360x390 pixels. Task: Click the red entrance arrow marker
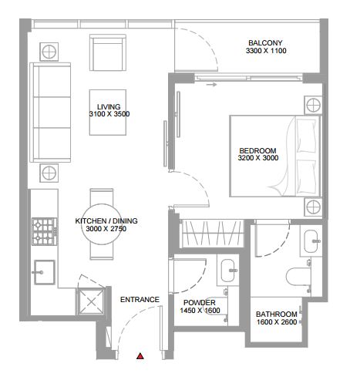[x=140, y=356]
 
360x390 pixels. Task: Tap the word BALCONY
[x=265, y=42]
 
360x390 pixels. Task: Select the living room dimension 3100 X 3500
[x=109, y=114]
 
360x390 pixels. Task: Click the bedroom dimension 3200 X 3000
[x=258, y=158]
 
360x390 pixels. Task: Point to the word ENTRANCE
[x=140, y=300]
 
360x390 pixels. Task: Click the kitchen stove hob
[x=45, y=231]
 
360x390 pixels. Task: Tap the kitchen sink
[x=45, y=272]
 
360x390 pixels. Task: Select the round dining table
[x=102, y=224]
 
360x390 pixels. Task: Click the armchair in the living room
[x=108, y=52]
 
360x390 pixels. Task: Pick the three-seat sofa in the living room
[x=50, y=113]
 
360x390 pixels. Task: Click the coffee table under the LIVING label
[x=108, y=113]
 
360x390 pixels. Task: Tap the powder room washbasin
[x=228, y=270]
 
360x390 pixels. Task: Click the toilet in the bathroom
[x=298, y=277]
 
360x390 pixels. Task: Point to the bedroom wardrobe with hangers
[x=212, y=234]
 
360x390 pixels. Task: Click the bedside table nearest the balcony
[x=313, y=106]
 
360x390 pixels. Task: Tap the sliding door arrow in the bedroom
[x=212, y=85]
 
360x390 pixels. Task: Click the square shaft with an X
[x=91, y=301]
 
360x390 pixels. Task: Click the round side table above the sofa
[x=49, y=52]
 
